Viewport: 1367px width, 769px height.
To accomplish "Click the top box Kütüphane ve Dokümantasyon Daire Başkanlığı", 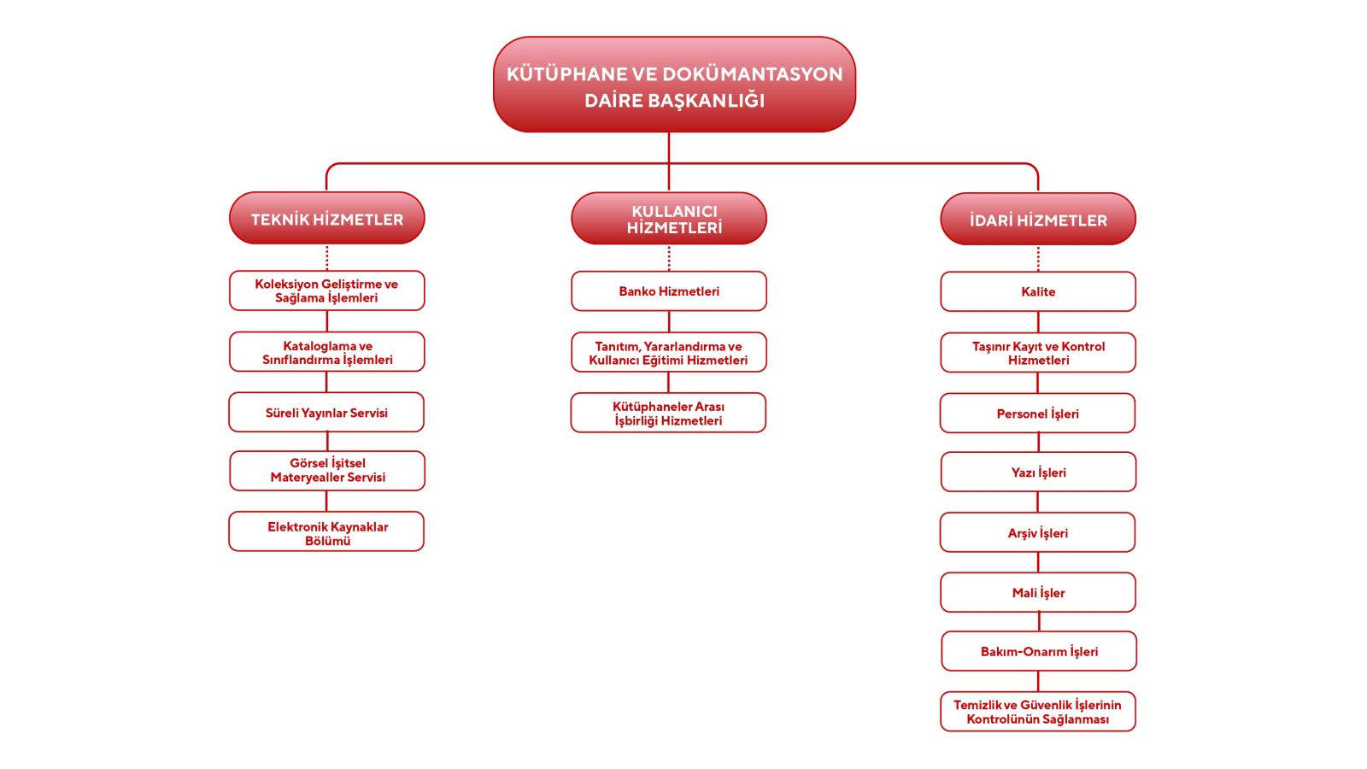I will tap(674, 85).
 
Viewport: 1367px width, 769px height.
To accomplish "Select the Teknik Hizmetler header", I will tap(327, 219).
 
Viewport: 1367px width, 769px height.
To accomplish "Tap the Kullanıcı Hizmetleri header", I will tap(669, 219).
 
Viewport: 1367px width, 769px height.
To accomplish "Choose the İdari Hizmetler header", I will tap(1038, 220).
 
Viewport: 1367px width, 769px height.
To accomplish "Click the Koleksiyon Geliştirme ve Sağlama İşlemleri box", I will tap(326, 291).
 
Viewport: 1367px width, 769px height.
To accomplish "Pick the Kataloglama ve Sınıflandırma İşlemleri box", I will tap(327, 352).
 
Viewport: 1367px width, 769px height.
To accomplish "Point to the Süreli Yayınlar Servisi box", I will tap(326, 413).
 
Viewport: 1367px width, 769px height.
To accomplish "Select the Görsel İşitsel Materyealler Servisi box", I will tap(327, 471).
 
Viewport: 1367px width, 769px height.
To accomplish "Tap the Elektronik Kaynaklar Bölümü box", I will tap(326, 532).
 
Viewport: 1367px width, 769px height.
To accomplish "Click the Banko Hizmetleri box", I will tap(669, 291).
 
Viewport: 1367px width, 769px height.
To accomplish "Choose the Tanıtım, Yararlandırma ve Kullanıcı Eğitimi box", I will tap(669, 353).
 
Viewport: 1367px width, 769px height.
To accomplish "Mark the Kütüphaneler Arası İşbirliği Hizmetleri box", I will tap(668, 414).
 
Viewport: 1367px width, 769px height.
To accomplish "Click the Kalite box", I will tap(1038, 292).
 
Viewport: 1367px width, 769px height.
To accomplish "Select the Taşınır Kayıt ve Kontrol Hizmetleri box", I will tap(1038, 353).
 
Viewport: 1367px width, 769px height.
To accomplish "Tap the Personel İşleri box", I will tap(1037, 414).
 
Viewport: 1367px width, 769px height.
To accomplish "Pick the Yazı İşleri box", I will tap(1038, 473).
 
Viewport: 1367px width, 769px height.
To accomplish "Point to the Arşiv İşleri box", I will tap(1037, 533).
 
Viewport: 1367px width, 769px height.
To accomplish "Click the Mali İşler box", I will tap(1038, 593).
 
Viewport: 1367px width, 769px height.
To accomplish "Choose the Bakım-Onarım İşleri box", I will tap(1039, 652).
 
